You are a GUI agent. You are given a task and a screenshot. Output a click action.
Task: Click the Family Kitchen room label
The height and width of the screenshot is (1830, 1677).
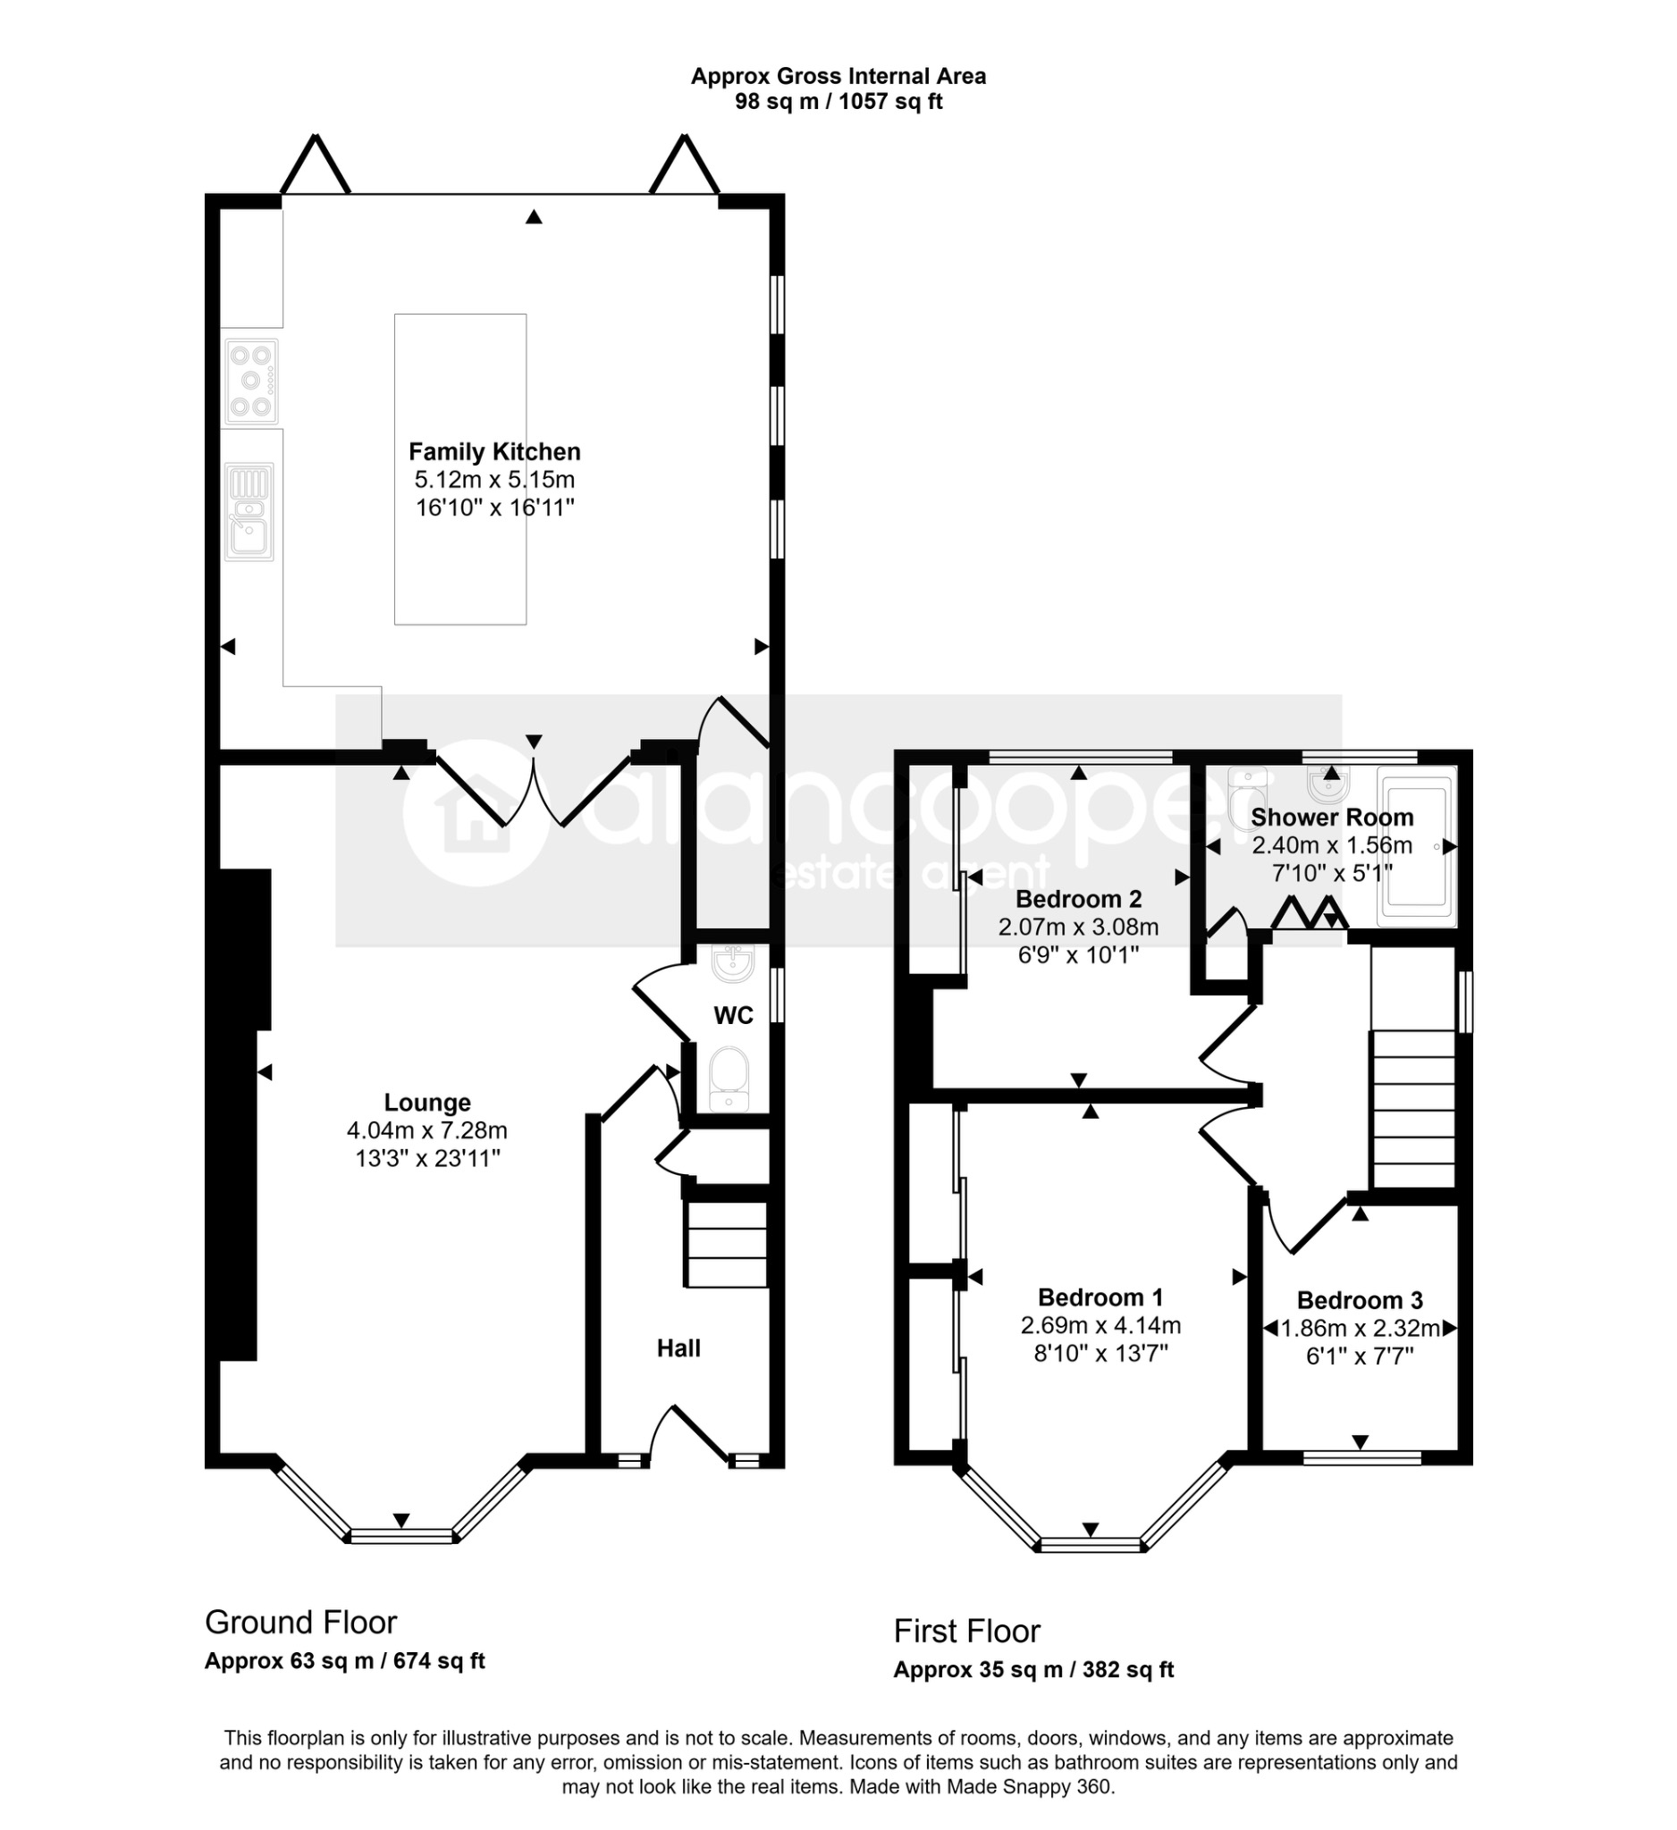pos(494,452)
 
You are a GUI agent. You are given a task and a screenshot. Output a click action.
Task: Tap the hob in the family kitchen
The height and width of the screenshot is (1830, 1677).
pos(251,382)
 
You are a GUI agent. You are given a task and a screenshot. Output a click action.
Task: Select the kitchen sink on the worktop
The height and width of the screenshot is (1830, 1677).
pos(249,512)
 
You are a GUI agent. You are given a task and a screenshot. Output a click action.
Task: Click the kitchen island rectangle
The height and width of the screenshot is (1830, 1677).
pos(460,469)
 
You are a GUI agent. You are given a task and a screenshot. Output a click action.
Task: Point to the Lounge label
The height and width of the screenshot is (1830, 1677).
pos(426,1102)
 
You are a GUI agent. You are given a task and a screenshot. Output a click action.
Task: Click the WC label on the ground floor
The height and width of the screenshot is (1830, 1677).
pos(733,1016)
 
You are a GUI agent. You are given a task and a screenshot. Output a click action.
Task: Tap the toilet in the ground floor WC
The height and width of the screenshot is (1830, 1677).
pos(729,1079)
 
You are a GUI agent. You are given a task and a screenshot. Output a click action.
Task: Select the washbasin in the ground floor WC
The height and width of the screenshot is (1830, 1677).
pos(733,965)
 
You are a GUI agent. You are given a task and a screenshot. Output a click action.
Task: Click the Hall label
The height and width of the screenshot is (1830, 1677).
pos(678,1348)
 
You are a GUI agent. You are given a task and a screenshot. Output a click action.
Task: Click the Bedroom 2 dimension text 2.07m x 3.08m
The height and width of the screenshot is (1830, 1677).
pos(1079,927)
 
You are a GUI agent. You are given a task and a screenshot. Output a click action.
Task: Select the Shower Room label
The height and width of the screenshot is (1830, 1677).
pos(1332,817)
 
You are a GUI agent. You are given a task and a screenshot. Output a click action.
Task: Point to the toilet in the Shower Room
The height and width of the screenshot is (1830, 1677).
pos(1246,794)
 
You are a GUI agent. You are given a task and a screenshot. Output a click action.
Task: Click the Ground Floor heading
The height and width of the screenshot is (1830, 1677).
pos(300,1622)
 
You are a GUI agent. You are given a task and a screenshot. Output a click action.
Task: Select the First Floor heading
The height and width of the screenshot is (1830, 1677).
pos(966,1632)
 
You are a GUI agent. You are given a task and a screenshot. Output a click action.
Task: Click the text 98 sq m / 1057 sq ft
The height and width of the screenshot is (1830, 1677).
pos(838,102)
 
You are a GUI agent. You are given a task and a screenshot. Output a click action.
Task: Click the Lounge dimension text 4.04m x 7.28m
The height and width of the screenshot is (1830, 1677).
pos(426,1130)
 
